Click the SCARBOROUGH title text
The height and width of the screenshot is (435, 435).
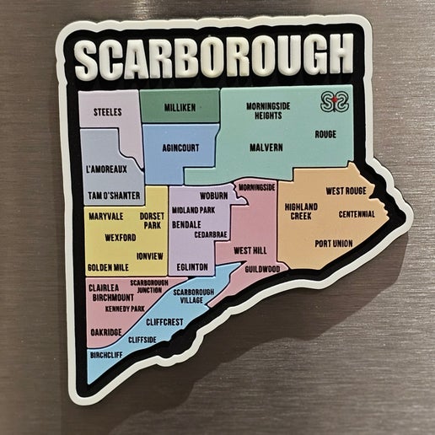click(x=212, y=56)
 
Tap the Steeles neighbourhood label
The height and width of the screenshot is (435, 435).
click(x=107, y=111)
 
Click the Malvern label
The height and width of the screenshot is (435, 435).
click(x=266, y=148)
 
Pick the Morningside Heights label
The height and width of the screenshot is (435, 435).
click(x=269, y=110)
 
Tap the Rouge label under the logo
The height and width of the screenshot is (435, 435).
click(x=325, y=134)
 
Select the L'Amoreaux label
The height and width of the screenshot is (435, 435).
click(x=106, y=169)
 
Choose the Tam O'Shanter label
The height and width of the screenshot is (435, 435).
click(x=113, y=196)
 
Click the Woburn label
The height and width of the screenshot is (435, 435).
click(x=213, y=196)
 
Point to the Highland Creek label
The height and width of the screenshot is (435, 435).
click(x=301, y=211)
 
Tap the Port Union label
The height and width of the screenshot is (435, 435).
click(x=333, y=244)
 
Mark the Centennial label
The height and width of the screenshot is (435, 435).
click(x=357, y=214)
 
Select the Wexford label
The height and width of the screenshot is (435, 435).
click(x=120, y=238)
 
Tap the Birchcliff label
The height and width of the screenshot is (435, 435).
click(x=106, y=355)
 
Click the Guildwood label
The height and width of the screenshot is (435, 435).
click(x=262, y=269)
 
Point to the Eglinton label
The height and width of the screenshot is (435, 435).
click(x=192, y=266)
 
